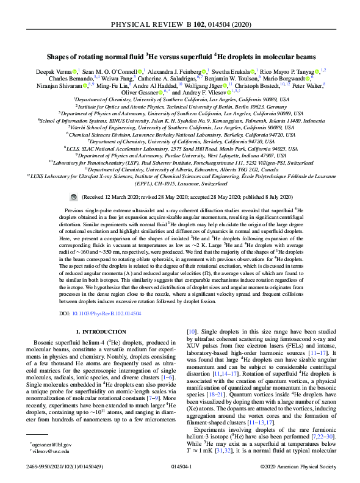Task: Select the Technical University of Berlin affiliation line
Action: [x=179, y=106]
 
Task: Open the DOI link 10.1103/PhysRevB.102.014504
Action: [x=111, y=296]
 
